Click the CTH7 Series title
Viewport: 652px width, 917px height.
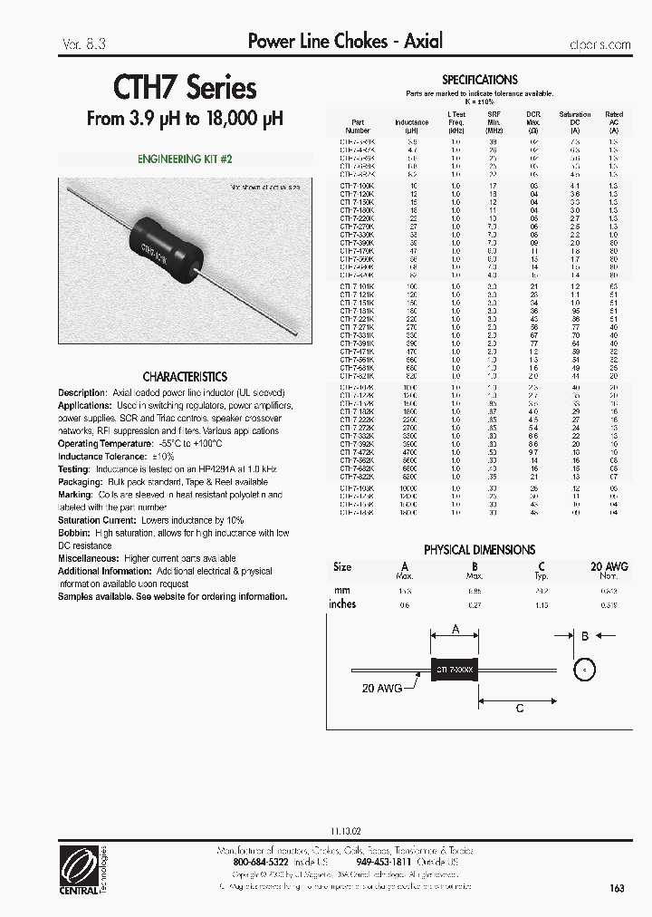185,88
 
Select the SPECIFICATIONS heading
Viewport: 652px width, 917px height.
479,80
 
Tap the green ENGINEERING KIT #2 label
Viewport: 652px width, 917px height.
185,159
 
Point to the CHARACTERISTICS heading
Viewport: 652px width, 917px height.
185,376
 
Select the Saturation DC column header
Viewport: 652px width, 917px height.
575,121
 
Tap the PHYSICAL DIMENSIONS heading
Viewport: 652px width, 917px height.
479,550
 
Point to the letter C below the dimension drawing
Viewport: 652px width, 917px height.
519,709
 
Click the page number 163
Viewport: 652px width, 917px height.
617,888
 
